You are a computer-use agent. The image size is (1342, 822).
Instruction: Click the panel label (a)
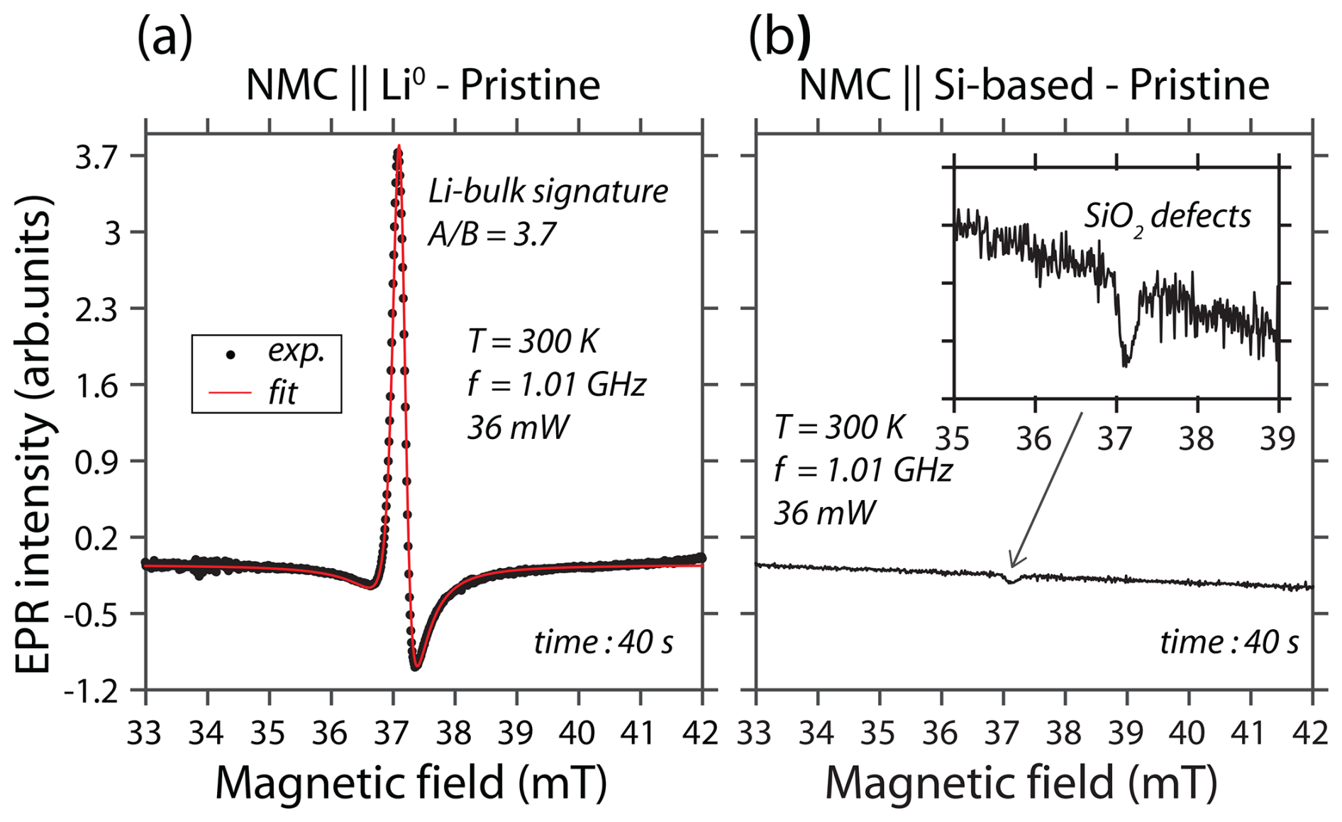[165, 38]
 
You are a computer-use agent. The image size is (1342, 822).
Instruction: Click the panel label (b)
[780, 38]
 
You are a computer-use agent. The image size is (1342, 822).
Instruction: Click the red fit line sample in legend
[230, 392]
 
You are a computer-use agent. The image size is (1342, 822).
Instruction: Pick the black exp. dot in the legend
[231, 353]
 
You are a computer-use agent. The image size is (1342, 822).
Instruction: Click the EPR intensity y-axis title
[33, 434]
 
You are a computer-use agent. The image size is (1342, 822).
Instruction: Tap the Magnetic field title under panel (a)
[411, 783]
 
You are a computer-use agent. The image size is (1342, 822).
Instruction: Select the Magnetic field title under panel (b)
[1021, 783]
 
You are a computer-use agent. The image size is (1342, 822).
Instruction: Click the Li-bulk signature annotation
[548, 191]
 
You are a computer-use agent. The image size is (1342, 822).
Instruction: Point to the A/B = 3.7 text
[492, 234]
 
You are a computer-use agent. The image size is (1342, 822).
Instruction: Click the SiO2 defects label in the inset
[1168, 216]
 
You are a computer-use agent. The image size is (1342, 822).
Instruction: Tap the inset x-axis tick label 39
[1277, 439]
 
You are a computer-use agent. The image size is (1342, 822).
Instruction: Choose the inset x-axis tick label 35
[953, 439]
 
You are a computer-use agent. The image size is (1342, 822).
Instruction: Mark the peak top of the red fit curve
[399, 148]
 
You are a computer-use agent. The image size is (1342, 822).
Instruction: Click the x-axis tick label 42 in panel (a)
[701, 733]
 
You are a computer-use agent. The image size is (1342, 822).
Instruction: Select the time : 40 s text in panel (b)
[1229, 643]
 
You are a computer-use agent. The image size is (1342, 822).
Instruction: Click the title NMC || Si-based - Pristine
[1033, 86]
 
